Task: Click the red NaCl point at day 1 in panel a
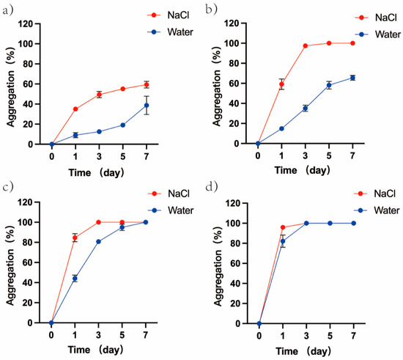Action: point(75,109)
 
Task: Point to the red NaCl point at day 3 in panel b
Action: point(306,46)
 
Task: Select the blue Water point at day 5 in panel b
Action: point(329,86)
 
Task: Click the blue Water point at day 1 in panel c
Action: point(75,279)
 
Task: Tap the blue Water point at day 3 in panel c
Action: point(99,241)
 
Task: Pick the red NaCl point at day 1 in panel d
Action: point(282,227)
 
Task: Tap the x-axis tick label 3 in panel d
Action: point(306,335)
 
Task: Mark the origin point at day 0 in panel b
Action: point(258,144)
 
